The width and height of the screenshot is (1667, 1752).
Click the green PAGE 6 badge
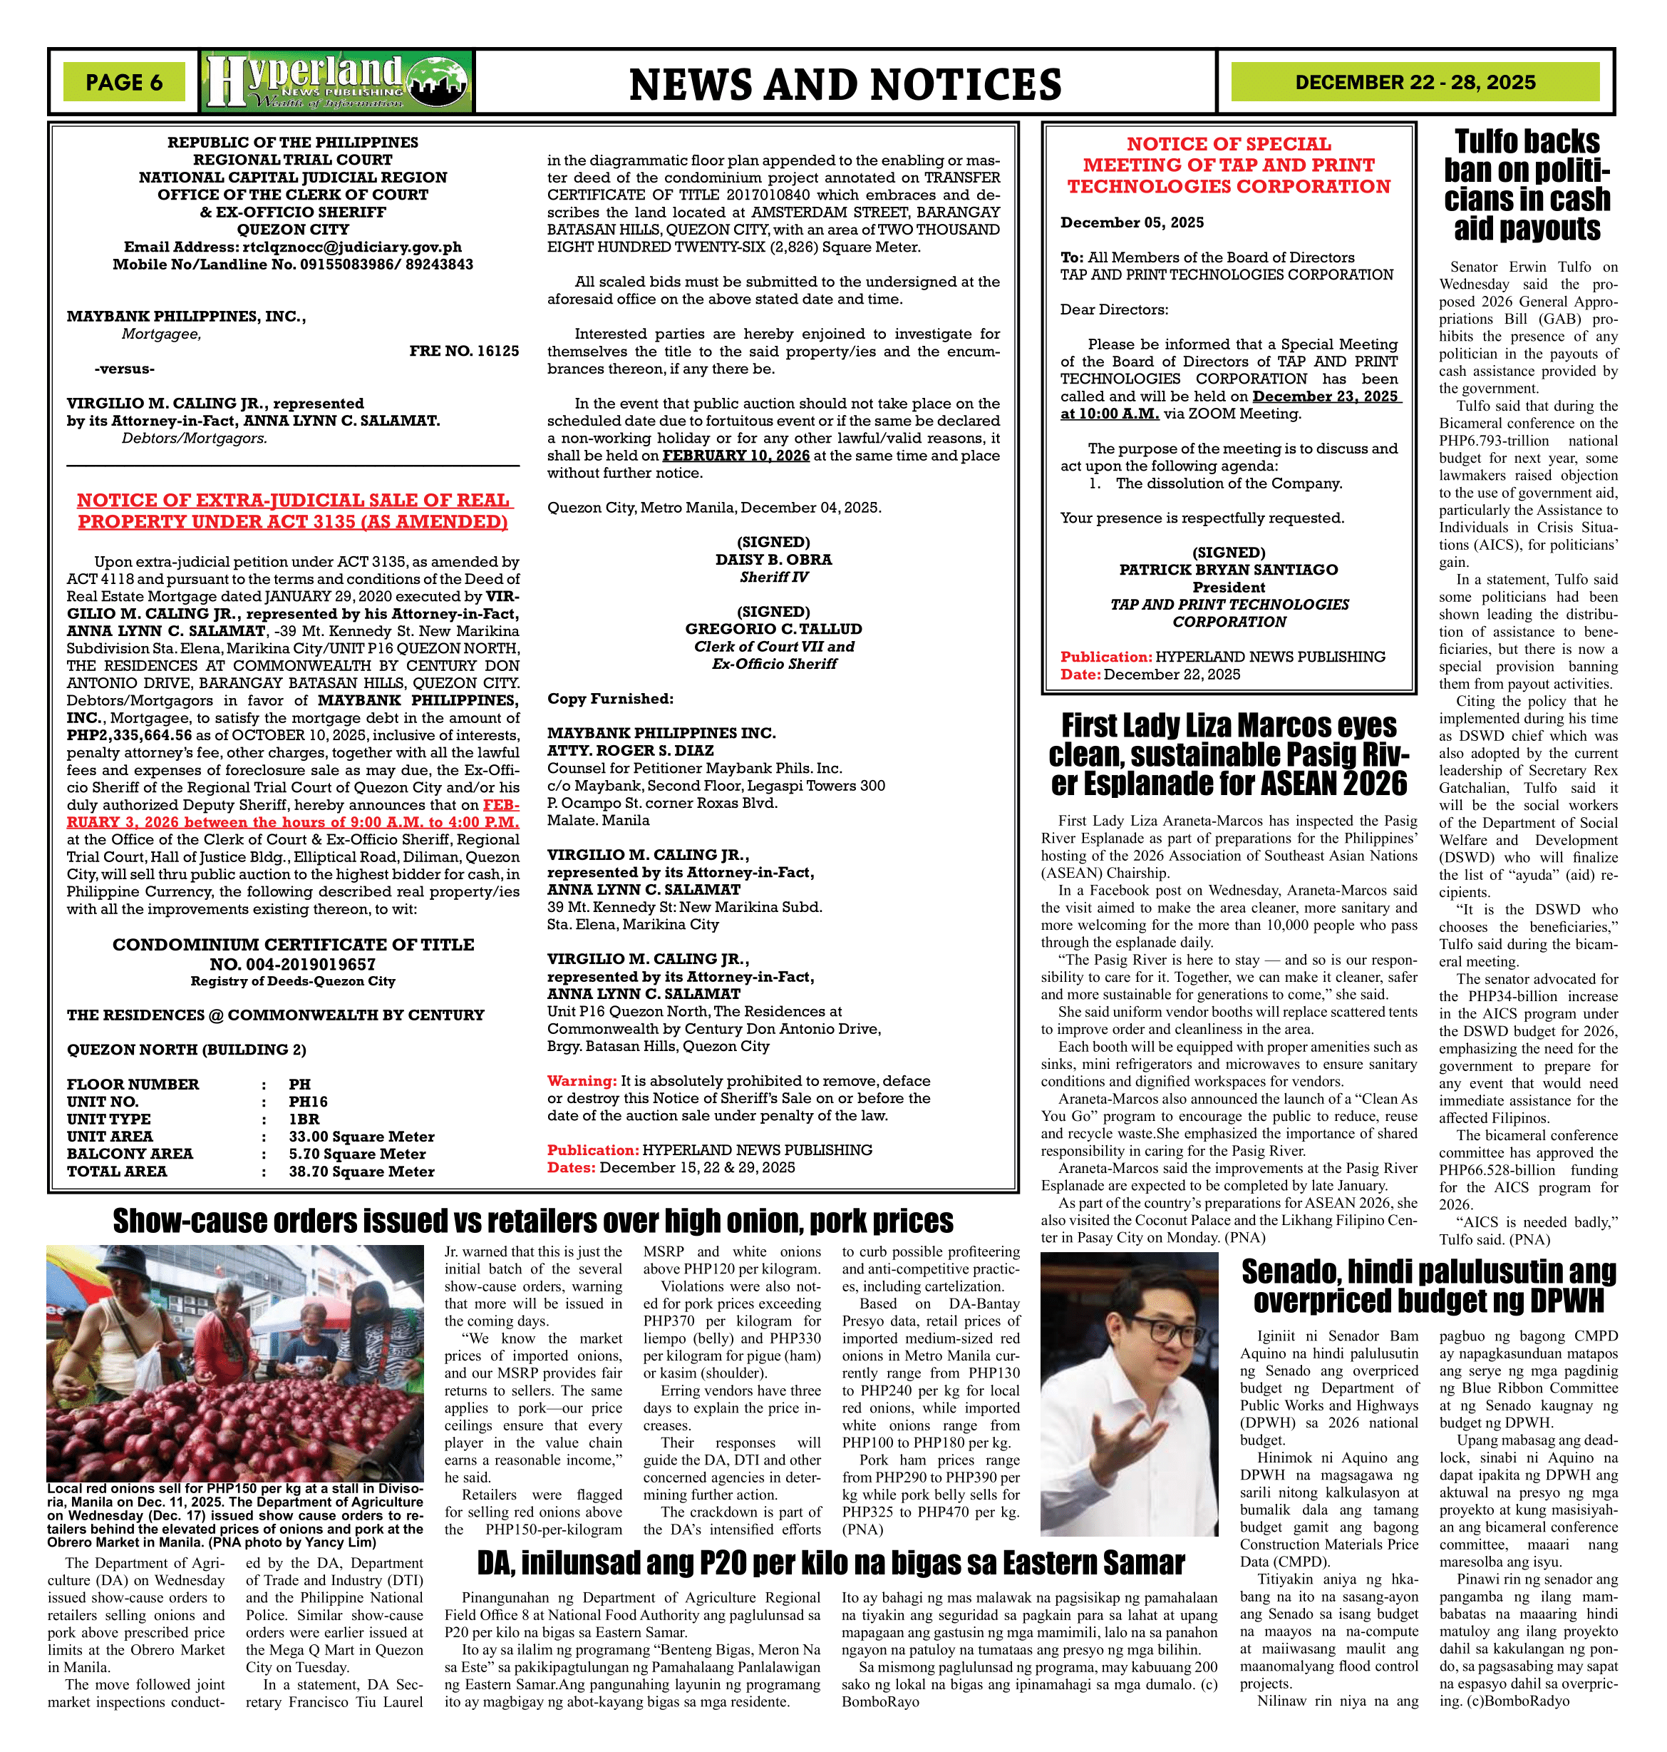pyautogui.click(x=123, y=83)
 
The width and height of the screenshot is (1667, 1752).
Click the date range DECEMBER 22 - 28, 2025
pyautogui.click(x=1415, y=83)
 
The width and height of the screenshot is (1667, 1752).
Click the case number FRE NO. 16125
pyautogui.click(x=464, y=351)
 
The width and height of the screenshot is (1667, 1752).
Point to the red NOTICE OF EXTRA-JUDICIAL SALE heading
pyautogui.click(x=292, y=511)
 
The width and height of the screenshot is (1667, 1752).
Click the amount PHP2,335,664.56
pyautogui.click(x=129, y=735)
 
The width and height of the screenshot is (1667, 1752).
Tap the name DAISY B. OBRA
pyautogui.click(x=773, y=560)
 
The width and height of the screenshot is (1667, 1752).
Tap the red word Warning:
pyautogui.click(x=581, y=1081)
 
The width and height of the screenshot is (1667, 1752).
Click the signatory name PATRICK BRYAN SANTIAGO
pyautogui.click(x=1228, y=570)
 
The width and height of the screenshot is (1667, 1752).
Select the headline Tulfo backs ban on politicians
pyautogui.click(x=1527, y=185)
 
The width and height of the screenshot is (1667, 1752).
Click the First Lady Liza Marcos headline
pyautogui.click(x=1228, y=754)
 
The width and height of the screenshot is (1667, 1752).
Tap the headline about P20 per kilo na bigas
pyautogui.click(x=831, y=1562)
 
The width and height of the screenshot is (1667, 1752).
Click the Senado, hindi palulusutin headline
pyautogui.click(x=1428, y=1286)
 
